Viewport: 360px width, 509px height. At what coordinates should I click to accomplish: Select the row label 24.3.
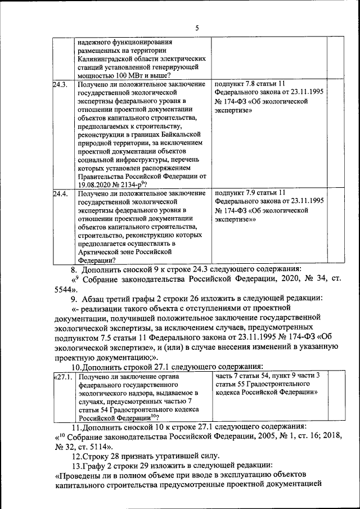[60, 84]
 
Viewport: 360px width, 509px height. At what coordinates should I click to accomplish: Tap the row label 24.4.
[60, 193]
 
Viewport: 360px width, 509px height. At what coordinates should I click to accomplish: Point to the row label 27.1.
[63, 376]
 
